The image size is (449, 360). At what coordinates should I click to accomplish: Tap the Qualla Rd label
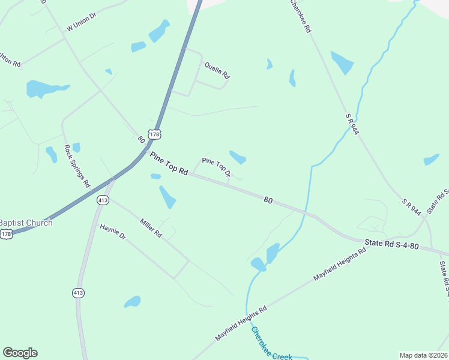[217, 71]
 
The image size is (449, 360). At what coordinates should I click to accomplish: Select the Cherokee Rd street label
[300, 16]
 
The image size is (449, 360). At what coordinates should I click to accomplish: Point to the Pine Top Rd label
[169, 163]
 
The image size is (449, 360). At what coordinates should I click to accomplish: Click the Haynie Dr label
[113, 232]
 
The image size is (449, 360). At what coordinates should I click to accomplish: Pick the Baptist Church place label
[26, 223]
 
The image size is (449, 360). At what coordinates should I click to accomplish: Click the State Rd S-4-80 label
[392, 245]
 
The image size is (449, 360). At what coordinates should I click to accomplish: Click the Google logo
[20, 353]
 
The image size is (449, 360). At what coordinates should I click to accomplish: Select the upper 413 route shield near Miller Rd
[102, 200]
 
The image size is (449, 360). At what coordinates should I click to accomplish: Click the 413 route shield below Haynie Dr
[79, 293]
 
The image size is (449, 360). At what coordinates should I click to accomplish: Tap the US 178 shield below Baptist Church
[6, 235]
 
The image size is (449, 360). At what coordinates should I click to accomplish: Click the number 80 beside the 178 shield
[141, 139]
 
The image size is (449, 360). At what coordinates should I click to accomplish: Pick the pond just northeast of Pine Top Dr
[238, 157]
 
